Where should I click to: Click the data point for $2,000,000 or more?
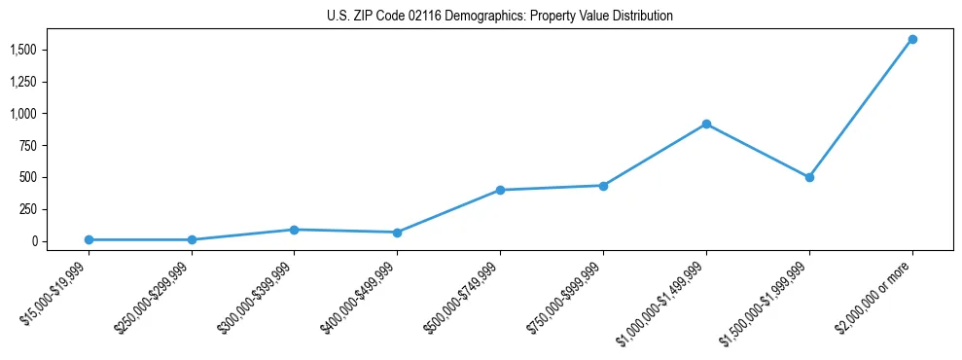click(912, 39)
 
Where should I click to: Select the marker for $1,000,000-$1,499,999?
click(706, 124)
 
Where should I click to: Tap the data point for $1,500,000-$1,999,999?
click(809, 177)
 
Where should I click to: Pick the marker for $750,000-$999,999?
click(603, 186)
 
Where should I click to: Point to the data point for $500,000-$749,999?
click(500, 190)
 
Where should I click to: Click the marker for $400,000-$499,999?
click(397, 233)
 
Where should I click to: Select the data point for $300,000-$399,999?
click(294, 230)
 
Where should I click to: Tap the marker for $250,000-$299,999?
click(192, 239)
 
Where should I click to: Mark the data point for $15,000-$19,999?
click(89, 239)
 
